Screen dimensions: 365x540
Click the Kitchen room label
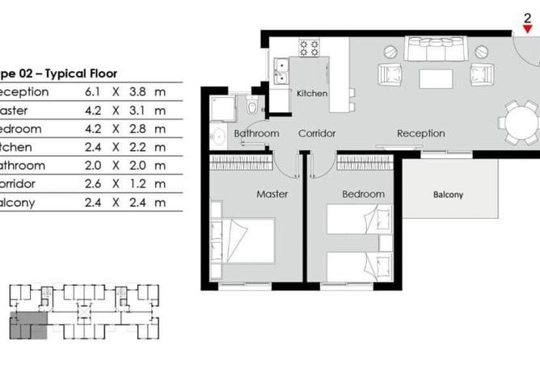[312, 94]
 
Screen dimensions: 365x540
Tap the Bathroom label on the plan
[256, 133]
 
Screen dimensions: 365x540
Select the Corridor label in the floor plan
[317, 133]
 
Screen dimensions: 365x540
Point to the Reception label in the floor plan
[420, 133]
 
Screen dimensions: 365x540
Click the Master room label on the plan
[272, 194]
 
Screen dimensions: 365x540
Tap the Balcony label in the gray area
[449, 195]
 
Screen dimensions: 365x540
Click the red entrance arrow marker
[527, 29]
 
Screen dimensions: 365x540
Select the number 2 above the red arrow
[527, 17]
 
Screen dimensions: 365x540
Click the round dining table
[517, 122]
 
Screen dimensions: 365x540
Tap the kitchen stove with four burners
[309, 48]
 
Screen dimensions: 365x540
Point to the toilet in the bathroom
[252, 106]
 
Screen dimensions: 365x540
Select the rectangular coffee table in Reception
[436, 78]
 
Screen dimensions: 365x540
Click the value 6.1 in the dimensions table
[93, 91]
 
